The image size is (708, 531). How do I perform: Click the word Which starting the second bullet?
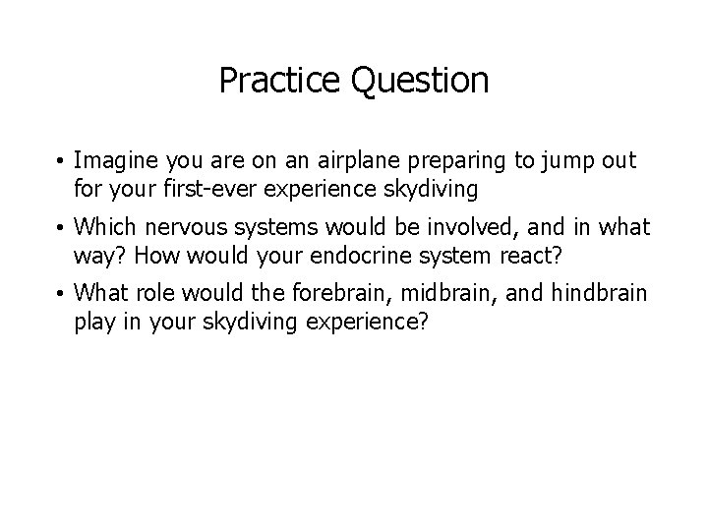click(x=101, y=227)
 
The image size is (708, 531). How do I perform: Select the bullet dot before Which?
click(x=61, y=228)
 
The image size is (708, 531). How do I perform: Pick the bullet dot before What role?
click(x=61, y=294)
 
